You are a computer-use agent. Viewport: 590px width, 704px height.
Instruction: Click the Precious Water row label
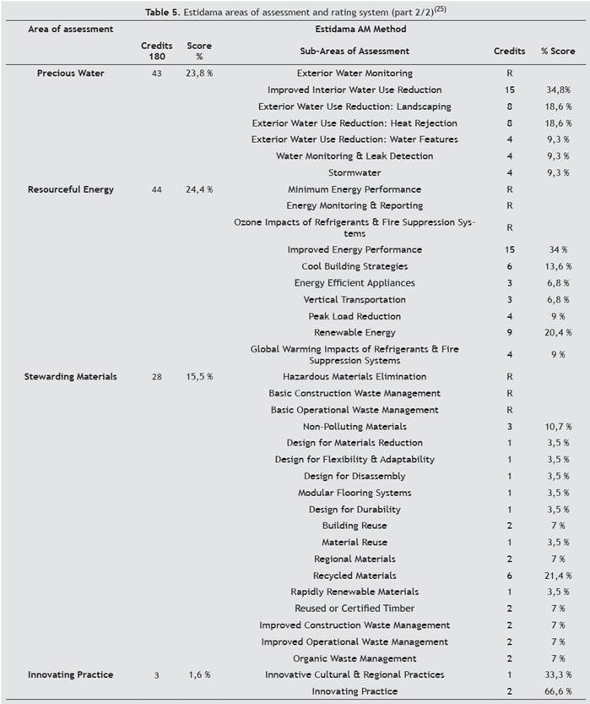pyautogui.click(x=70, y=74)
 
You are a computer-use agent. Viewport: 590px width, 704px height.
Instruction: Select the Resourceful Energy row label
pyautogui.click(x=70, y=189)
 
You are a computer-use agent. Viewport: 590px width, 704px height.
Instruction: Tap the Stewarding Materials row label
pyautogui.click(x=70, y=377)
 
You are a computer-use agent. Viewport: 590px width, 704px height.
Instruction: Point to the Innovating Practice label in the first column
pyautogui.click(x=70, y=674)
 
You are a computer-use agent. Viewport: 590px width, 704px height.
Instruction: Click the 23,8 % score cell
pyautogui.click(x=199, y=74)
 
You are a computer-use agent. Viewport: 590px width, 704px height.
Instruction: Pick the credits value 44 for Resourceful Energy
pyautogui.click(x=156, y=189)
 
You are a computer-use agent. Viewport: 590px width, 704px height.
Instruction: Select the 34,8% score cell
pyautogui.click(x=558, y=90)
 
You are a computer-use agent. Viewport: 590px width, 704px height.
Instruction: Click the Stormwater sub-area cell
pyautogui.click(x=355, y=173)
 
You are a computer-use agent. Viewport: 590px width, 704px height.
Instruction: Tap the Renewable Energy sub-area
pyautogui.click(x=355, y=333)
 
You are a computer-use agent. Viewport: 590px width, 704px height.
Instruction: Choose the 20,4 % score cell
pyautogui.click(x=558, y=333)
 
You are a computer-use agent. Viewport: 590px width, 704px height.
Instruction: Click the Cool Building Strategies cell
pyautogui.click(x=355, y=266)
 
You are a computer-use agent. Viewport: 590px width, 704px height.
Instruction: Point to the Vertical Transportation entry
pyautogui.click(x=355, y=299)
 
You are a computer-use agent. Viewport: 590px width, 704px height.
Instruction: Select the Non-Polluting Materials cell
pyautogui.click(x=355, y=427)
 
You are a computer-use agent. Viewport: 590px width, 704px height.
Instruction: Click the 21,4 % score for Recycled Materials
pyautogui.click(x=558, y=576)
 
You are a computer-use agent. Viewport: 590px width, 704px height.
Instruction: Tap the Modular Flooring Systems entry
pyautogui.click(x=355, y=493)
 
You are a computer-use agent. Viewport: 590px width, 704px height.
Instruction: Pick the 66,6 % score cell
pyautogui.click(x=558, y=691)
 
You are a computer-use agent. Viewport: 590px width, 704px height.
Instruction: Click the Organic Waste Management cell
pyautogui.click(x=355, y=658)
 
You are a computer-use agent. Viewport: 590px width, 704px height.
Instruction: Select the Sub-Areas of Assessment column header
pyautogui.click(x=355, y=52)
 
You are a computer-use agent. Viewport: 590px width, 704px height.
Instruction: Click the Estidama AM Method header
pyautogui.click(x=360, y=30)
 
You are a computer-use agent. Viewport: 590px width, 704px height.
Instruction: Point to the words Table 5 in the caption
pyautogui.click(x=162, y=13)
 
